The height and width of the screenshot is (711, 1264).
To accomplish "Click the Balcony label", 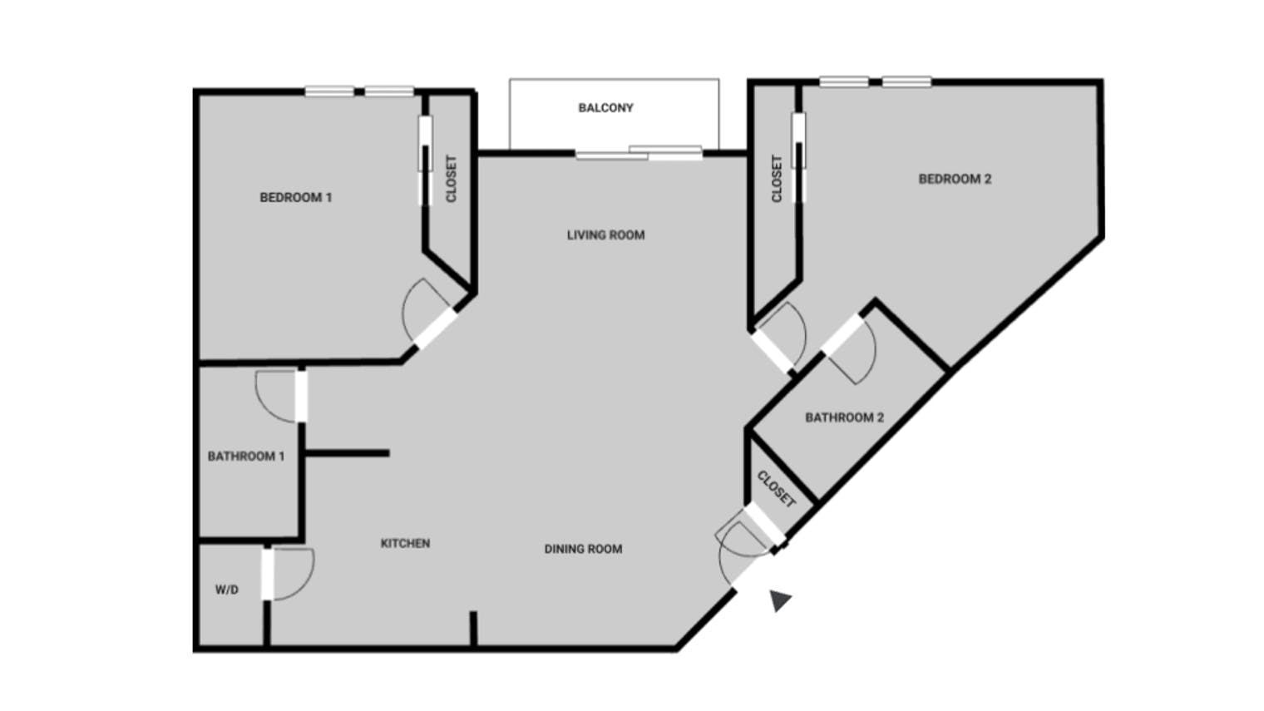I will click(x=605, y=108).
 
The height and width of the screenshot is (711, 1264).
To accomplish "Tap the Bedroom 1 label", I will click(x=295, y=198).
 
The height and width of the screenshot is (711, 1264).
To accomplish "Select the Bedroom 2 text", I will click(x=955, y=179).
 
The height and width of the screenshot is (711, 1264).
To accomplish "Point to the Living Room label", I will click(x=605, y=235).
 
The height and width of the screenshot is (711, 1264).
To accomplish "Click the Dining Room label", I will click(x=583, y=549).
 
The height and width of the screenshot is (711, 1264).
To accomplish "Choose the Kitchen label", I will click(x=405, y=543).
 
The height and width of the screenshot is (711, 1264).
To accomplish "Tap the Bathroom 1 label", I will click(x=246, y=457).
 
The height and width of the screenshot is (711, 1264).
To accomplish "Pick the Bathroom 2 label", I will click(x=844, y=417).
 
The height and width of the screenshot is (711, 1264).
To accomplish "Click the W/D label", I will click(x=227, y=590).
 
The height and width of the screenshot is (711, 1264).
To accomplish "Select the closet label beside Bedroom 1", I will click(x=452, y=179).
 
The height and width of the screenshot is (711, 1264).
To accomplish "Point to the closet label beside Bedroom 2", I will click(x=777, y=179).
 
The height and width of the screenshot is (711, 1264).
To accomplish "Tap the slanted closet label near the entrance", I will click(x=777, y=489).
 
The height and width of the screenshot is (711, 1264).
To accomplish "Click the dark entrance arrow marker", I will click(x=779, y=600).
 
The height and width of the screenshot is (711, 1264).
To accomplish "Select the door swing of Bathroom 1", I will click(x=274, y=394).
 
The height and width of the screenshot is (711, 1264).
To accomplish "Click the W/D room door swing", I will click(x=293, y=574).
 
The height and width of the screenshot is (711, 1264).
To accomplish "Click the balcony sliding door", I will click(x=639, y=153).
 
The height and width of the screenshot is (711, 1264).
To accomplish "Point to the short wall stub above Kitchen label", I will click(x=347, y=453).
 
